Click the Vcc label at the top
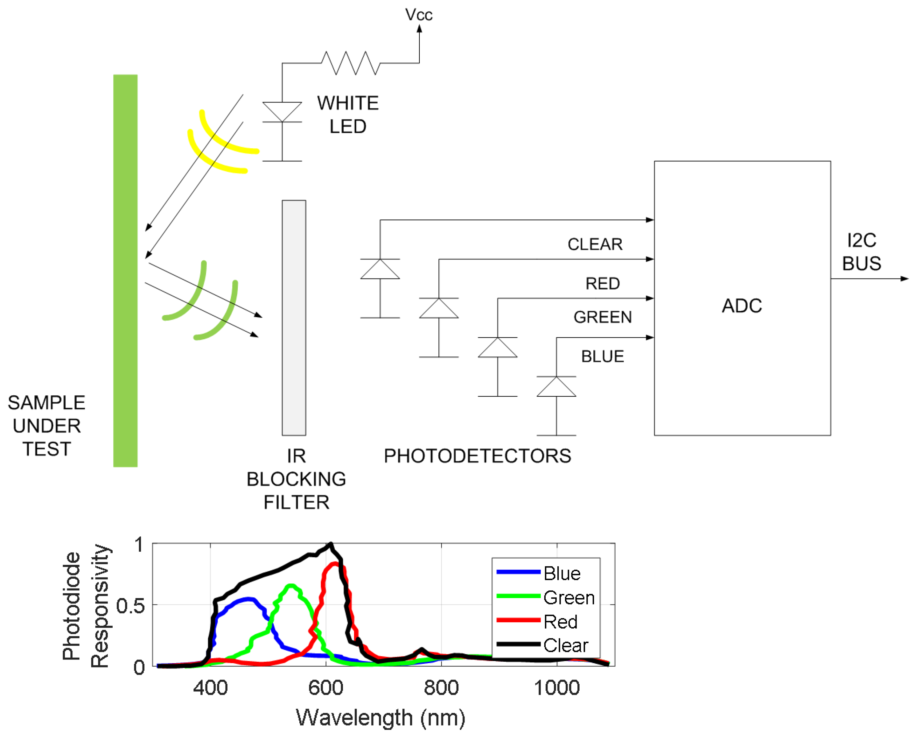(418, 15)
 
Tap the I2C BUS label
(861, 251)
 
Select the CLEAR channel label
(594, 244)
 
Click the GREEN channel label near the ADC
(602, 317)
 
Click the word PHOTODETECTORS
(477, 455)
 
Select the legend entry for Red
(560, 622)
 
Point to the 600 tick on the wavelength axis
(325, 688)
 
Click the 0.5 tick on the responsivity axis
(130, 606)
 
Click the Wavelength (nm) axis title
(380, 717)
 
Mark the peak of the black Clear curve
(331, 544)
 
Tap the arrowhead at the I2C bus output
(904, 279)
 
